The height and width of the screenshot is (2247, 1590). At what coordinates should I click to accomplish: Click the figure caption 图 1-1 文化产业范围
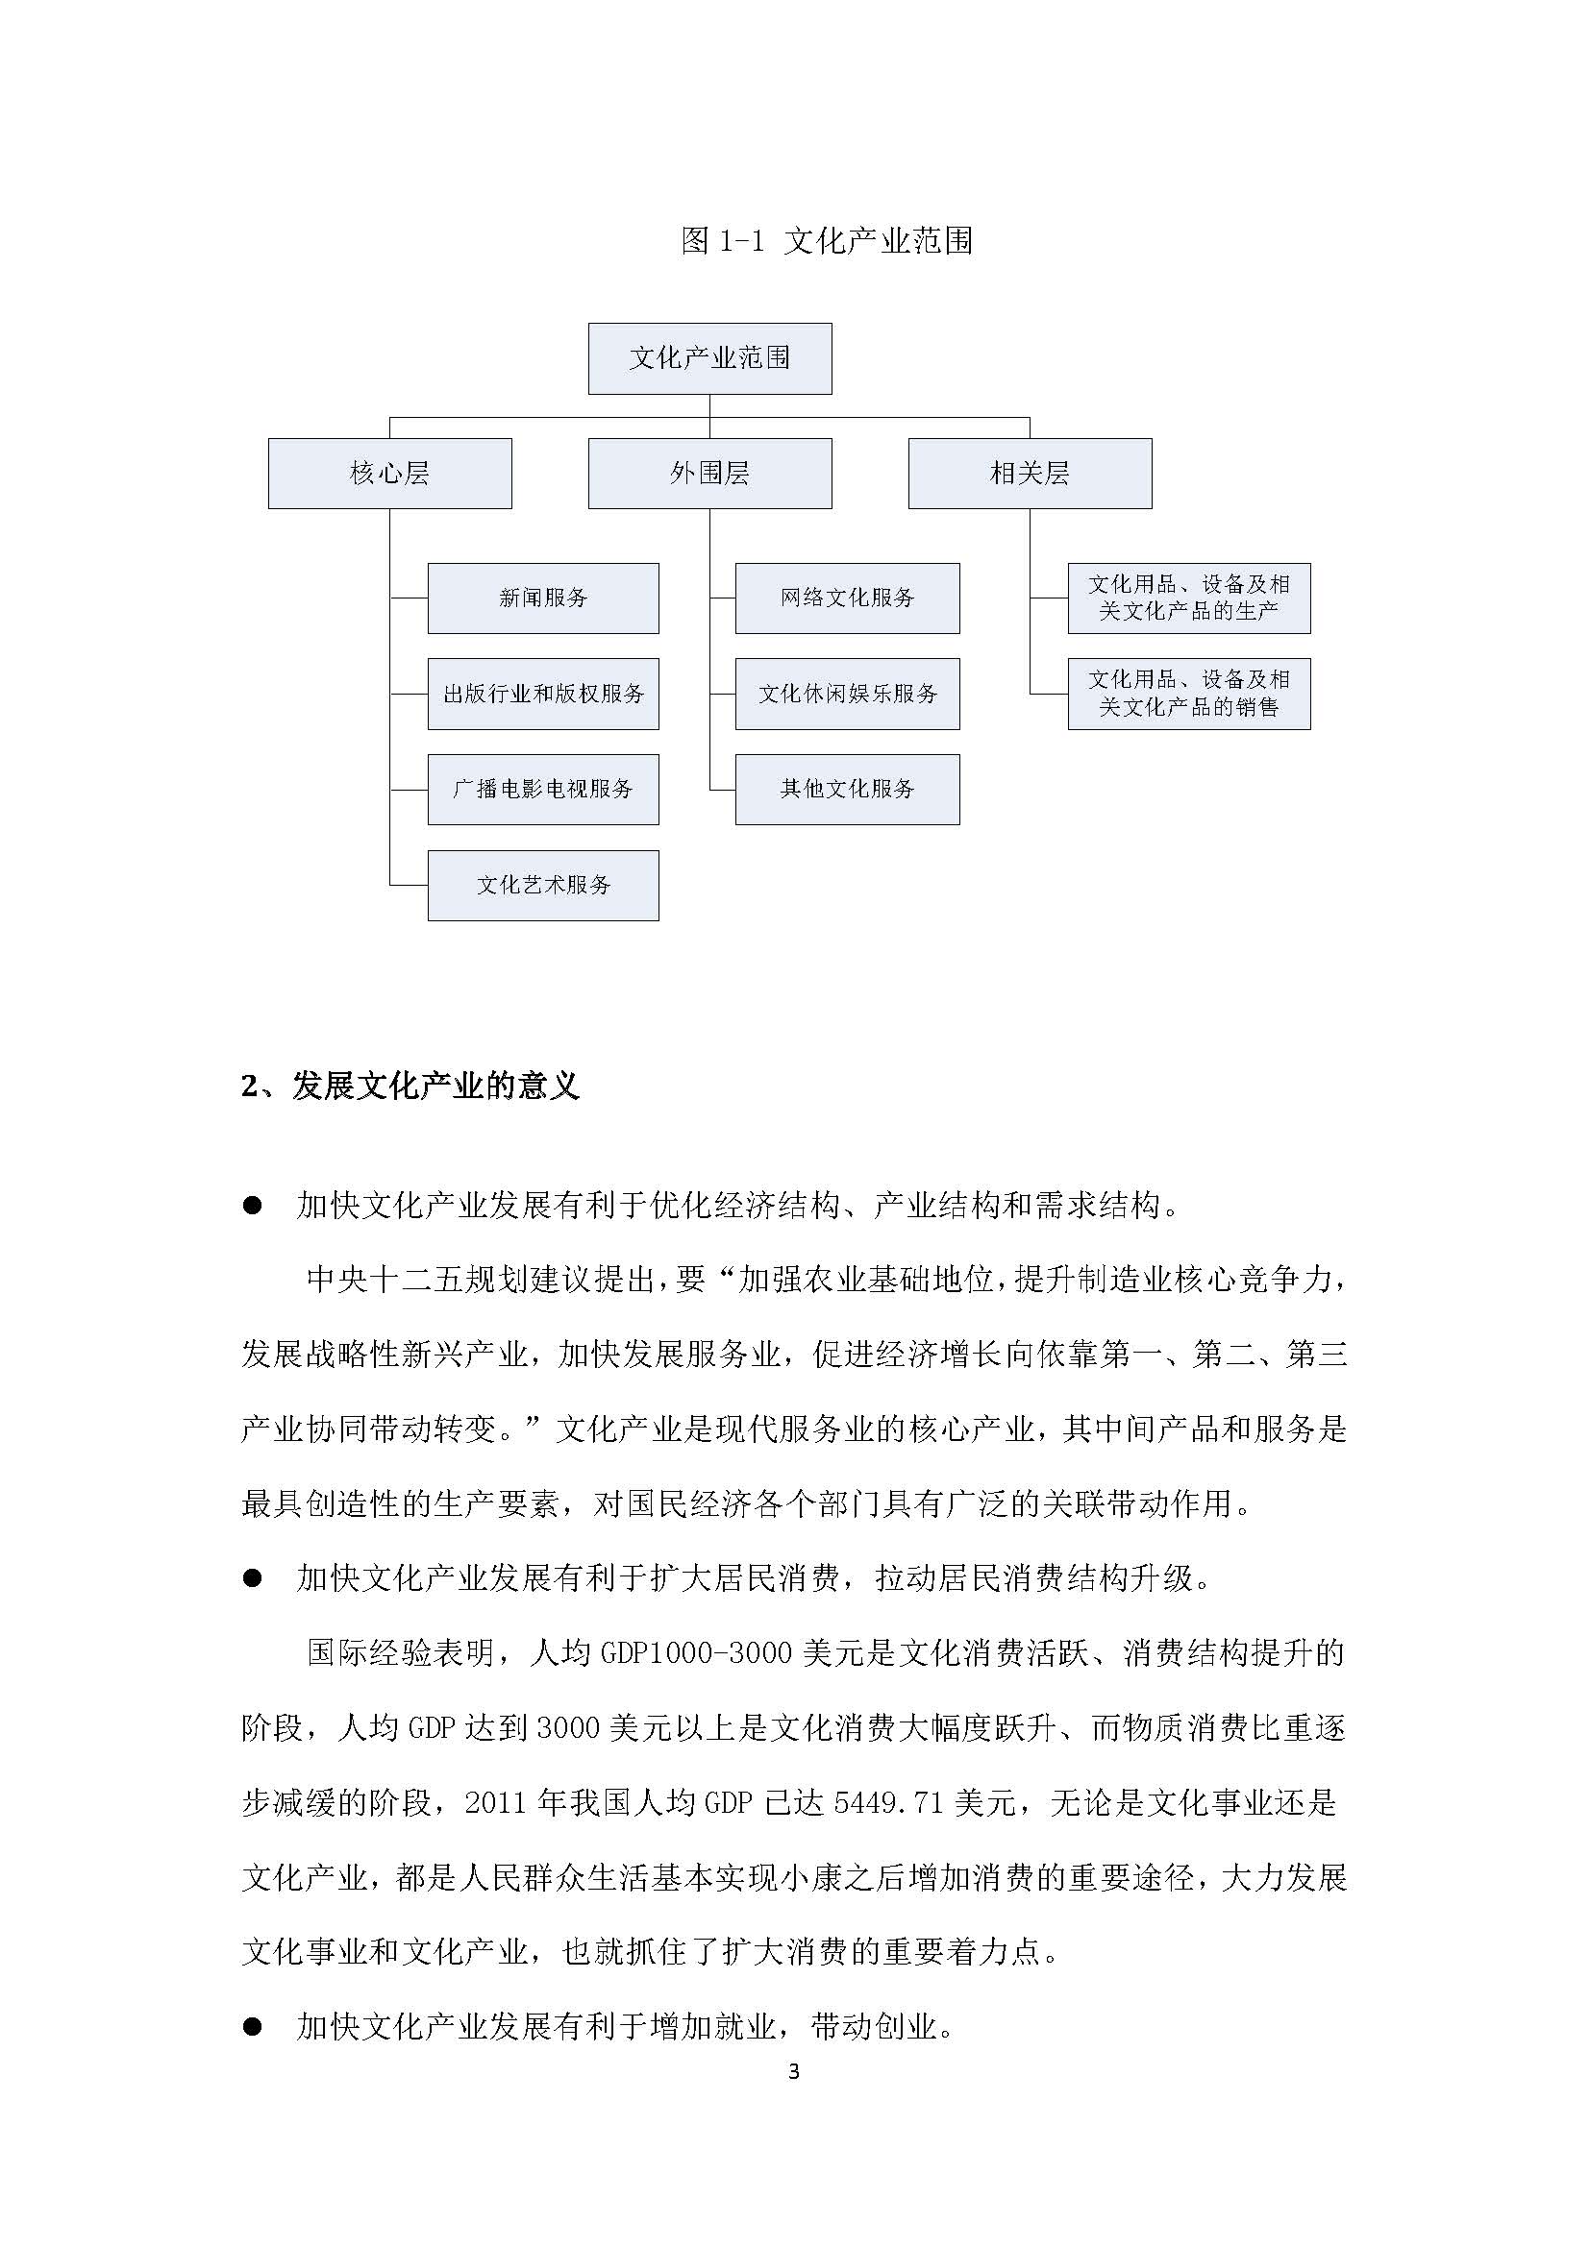click(x=827, y=241)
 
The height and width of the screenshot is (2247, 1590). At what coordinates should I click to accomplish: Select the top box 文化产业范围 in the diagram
click(x=709, y=359)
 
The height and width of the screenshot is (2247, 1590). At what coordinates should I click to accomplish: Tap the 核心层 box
click(x=389, y=474)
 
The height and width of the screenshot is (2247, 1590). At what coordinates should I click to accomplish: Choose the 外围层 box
click(x=709, y=474)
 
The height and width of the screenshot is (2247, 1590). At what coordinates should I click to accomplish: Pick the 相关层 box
click(x=1029, y=474)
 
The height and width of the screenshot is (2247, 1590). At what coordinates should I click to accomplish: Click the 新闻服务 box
click(x=543, y=598)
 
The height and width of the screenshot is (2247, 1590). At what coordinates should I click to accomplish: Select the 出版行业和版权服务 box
click(x=543, y=694)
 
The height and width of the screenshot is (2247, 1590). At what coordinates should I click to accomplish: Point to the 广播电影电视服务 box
click(x=543, y=789)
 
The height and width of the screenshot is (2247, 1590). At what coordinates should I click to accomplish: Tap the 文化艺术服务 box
click(x=543, y=885)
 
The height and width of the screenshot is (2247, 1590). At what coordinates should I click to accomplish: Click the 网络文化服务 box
click(x=847, y=598)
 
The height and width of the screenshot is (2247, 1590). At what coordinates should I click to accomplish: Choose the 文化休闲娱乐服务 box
click(x=847, y=694)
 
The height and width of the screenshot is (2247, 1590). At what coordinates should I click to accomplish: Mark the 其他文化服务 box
click(x=847, y=789)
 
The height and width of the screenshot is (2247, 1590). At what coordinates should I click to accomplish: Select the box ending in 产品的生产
click(x=1188, y=598)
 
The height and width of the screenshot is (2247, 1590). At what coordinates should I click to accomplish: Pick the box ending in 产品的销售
click(x=1188, y=694)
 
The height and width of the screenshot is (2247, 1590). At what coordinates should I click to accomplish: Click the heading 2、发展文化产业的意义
click(x=410, y=1087)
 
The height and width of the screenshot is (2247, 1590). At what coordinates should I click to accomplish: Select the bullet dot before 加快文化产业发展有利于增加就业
click(x=253, y=2027)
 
